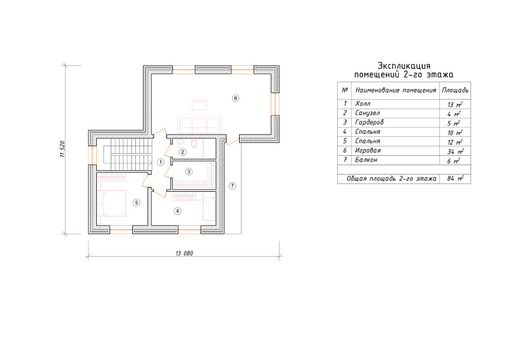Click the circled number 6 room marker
[x=236, y=98]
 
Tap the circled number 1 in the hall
[x=161, y=162]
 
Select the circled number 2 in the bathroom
[x=182, y=152]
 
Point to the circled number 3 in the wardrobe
[x=188, y=172]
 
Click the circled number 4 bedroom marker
[x=177, y=211]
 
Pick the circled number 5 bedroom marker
[x=136, y=202]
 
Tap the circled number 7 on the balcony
[x=232, y=186]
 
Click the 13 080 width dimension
[x=184, y=253]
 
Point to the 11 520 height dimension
[x=63, y=149]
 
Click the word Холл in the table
[x=363, y=103]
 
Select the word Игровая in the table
[x=368, y=150]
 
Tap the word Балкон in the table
[x=366, y=160]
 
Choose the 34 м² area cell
[x=455, y=151]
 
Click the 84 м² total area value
[x=455, y=178]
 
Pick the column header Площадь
[x=455, y=90]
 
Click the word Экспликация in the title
[x=404, y=66]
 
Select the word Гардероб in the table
[x=370, y=122]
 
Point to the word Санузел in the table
[x=367, y=113]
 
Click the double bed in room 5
[x=113, y=204]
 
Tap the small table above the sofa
[x=200, y=106]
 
